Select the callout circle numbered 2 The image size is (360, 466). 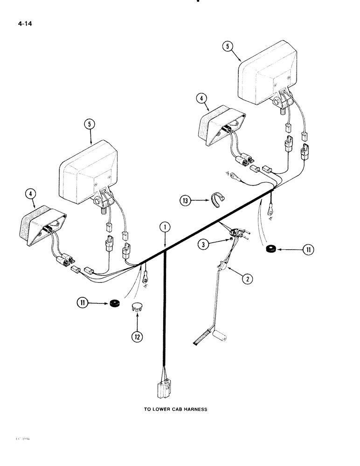coord(247,279)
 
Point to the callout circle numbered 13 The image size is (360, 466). coord(187,201)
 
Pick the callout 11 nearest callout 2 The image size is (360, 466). coord(308,250)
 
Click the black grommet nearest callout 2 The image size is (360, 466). coord(270,250)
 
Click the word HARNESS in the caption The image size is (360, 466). coord(195,410)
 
